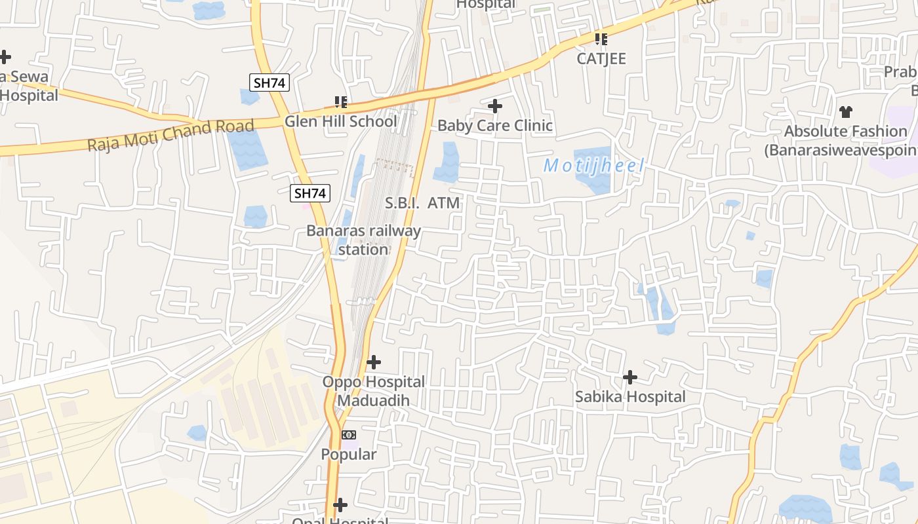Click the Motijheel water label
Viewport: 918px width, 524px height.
click(x=594, y=166)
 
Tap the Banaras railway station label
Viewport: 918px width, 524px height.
click(x=364, y=240)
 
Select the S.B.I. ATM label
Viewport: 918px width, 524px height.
click(x=422, y=203)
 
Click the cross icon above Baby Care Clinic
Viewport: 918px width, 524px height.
click(x=495, y=105)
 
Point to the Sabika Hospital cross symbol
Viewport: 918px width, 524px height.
click(x=629, y=377)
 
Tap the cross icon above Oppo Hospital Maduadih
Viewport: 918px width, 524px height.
click(x=373, y=362)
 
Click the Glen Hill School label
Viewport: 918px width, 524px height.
click(x=340, y=121)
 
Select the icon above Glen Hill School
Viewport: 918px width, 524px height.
click(x=340, y=102)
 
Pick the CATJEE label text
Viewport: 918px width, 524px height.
click(x=601, y=59)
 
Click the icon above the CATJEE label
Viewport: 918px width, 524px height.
click(x=601, y=39)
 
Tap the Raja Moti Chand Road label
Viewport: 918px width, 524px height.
click(x=170, y=135)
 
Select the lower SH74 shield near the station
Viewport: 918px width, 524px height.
click(x=311, y=193)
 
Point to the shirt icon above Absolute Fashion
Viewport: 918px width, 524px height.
click(x=846, y=112)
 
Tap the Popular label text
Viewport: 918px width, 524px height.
click(x=349, y=454)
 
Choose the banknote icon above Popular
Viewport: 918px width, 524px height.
click(x=349, y=435)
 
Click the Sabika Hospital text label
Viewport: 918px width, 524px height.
click(x=630, y=397)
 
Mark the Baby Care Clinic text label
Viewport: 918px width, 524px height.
click(x=495, y=125)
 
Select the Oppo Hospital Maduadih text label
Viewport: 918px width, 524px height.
click(x=373, y=390)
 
